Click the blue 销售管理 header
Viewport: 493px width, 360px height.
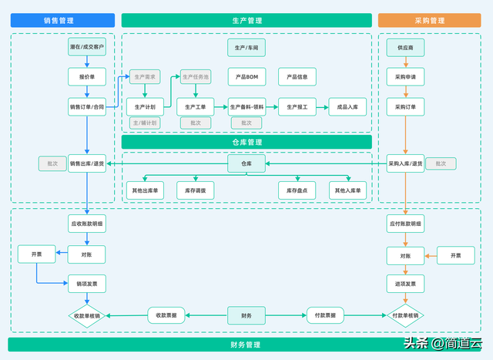coord(62,21)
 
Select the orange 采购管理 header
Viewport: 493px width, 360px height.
coord(429,21)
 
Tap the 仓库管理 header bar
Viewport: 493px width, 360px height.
coord(246,143)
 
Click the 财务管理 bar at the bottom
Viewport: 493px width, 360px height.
coord(246,345)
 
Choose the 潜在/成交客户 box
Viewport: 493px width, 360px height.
coord(87,48)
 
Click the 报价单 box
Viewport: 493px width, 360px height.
coord(87,77)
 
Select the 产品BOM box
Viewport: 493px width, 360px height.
coord(246,77)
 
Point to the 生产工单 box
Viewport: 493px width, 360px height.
coord(195,107)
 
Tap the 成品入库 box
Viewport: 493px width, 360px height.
coord(347,107)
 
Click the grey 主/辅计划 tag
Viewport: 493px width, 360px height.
coord(145,123)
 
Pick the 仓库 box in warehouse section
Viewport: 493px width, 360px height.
coord(246,163)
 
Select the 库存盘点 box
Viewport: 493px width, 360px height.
coord(297,190)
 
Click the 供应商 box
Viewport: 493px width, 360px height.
coord(405,48)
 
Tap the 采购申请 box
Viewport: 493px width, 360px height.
coord(405,77)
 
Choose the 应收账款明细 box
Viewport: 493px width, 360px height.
coord(87,224)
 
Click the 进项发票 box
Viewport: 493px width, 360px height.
coord(405,284)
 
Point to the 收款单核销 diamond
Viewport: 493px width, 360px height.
coord(87,315)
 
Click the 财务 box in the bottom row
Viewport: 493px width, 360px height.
coord(246,315)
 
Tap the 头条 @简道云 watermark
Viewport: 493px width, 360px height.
coord(442,343)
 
